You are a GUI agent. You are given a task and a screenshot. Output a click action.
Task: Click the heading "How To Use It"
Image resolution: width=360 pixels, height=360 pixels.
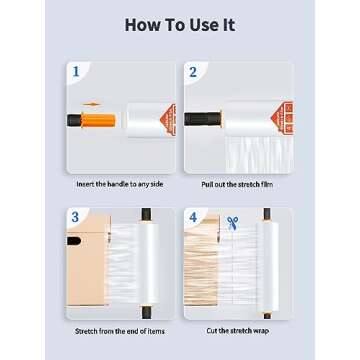click(180, 25)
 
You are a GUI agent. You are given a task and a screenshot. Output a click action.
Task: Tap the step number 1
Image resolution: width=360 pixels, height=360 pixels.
click(76, 71)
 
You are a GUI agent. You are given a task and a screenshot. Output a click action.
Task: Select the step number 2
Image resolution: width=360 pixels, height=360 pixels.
click(193, 72)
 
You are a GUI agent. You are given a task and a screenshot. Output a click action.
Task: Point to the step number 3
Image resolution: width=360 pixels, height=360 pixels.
click(75, 217)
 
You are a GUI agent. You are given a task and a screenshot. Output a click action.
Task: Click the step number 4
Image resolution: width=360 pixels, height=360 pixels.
click(193, 217)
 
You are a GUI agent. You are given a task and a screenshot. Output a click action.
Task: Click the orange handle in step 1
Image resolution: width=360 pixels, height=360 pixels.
click(98, 120)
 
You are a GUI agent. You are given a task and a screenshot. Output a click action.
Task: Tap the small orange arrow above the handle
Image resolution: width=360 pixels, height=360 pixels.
click(92, 104)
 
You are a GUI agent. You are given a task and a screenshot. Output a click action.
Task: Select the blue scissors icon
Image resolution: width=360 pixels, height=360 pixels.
click(232, 223)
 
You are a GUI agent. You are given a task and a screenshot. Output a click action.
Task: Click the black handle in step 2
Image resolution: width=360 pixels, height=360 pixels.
click(203, 119)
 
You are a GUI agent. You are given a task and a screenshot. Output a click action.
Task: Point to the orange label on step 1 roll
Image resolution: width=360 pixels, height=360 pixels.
click(169, 120)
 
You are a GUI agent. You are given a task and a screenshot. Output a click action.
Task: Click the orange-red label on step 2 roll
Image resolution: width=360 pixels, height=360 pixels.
click(283, 118)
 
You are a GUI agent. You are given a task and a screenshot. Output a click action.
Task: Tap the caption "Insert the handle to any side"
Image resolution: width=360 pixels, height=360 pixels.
click(120, 184)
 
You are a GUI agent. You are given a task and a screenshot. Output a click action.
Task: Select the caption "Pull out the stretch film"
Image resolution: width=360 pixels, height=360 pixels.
click(237, 184)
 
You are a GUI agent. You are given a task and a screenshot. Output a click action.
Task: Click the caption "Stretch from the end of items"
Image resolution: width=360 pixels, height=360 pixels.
click(120, 331)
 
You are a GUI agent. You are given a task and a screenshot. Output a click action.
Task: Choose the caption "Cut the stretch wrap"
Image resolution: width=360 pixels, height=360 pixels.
click(237, 331)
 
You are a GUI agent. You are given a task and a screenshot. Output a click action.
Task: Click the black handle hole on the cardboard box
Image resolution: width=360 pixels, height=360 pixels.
click(74, 241)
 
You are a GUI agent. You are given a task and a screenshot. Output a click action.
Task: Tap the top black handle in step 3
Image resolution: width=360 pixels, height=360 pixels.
click(146, 214)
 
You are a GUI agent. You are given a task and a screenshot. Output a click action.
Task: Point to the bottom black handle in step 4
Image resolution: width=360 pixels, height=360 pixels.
click(267, 315)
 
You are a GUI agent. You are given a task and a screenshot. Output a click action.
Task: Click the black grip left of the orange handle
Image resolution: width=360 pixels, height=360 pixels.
click(74, 120)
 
